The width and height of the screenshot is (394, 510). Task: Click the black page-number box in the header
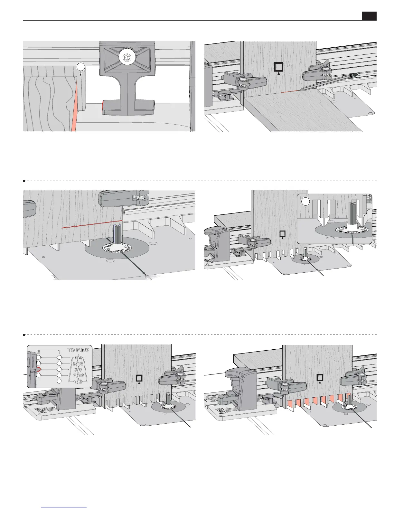point(369,16)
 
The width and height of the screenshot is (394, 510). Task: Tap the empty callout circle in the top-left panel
point(80,67)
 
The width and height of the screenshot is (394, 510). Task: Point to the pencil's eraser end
point(354,75)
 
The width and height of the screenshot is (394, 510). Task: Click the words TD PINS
point(78,350)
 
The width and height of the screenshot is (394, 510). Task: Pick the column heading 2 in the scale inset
point(38,351)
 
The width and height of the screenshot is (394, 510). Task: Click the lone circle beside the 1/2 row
point(59,382)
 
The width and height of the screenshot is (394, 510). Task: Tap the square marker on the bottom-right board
point(320,378)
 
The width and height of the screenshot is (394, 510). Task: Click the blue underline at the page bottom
point(64,507)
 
